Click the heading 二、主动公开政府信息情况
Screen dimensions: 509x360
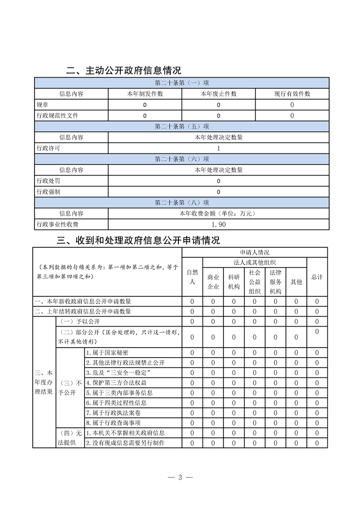pos(123,70)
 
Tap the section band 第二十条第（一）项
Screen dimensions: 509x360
pos(182,83)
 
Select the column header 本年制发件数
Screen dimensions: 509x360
pos(145,94)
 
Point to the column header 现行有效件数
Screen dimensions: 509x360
pos(292,94)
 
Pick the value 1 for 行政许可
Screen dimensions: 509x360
pos(218,148)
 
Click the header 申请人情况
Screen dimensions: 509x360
pos(255,252)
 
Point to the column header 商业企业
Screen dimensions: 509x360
pos(213,282)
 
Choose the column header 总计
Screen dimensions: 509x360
pos(317,277)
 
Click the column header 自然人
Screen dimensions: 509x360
pos(192,277)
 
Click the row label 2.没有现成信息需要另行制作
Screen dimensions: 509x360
pos(125,443)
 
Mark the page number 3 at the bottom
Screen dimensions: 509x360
pos(180,477)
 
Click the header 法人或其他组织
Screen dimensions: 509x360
pos(255,262)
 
